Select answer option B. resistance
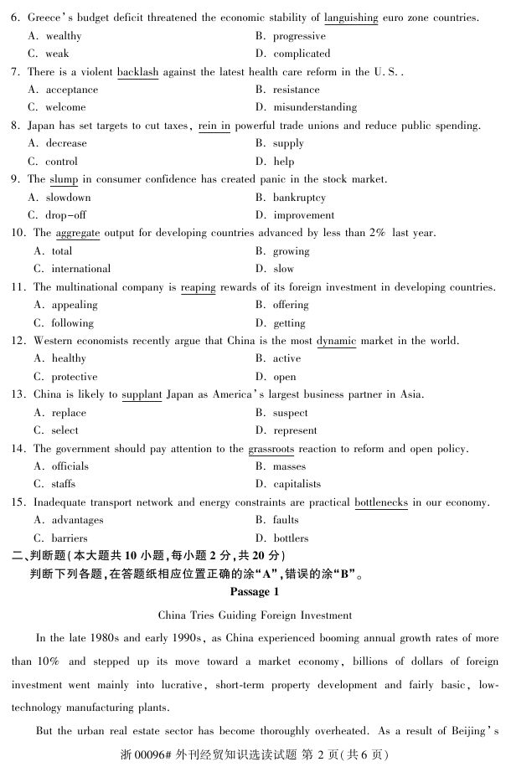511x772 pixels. click(x=288, y=90)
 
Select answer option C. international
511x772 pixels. click(x=72, y=269)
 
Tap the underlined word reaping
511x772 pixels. click(x=198, y=287)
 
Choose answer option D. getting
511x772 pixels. click(x=281, y=323)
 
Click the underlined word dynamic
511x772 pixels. click(x=336, y=341)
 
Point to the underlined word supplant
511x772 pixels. click(x=142, y=394)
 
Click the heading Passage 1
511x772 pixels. click(x=255, y=592)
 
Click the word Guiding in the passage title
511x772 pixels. click(x=256, y=615)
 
